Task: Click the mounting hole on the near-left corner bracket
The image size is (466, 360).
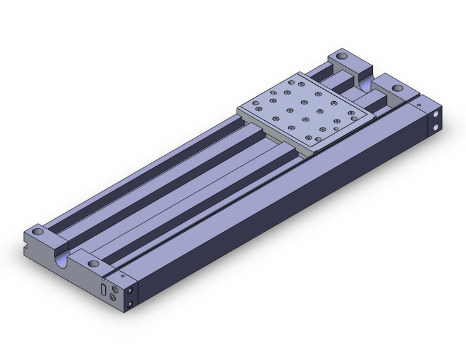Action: (39, 232)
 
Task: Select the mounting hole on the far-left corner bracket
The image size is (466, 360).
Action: (342, 57)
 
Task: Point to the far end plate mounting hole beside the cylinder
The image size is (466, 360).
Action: (399, 89)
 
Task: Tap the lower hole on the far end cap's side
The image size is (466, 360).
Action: (435, 128)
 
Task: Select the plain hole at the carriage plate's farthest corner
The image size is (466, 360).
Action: (300, 83)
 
